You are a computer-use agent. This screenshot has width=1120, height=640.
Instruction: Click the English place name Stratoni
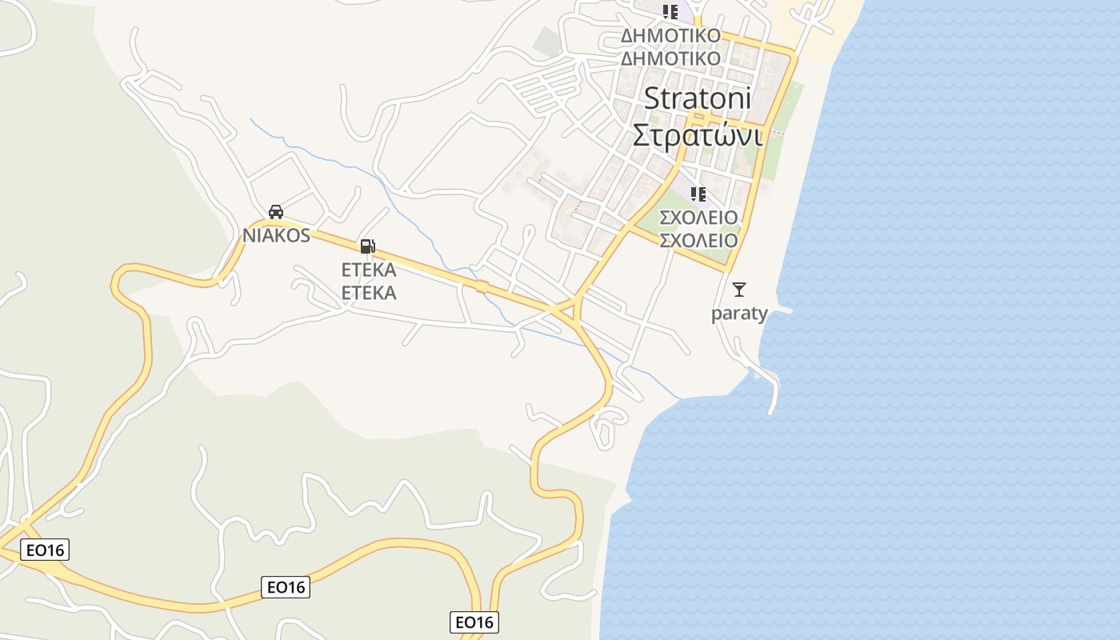(698, 98)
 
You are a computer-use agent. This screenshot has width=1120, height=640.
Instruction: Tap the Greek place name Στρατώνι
(696, 135)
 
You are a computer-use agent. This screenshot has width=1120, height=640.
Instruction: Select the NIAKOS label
(276, 235)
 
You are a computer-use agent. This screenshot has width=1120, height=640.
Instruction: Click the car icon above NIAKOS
(276, 212)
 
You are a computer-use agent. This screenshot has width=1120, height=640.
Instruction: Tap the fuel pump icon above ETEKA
(367, 246)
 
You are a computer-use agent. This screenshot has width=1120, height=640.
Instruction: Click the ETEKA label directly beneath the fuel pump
(369, 269)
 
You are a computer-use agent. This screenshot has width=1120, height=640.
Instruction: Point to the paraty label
(739, 313)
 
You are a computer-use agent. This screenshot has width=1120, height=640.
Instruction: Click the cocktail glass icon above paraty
(739, 290)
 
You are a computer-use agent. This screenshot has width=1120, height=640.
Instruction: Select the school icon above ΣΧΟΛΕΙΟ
(698, 194)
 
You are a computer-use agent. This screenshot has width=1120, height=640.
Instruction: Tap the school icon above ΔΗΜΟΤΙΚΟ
(670, 12)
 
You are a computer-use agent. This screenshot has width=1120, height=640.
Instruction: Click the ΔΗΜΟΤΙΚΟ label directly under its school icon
(670, 36)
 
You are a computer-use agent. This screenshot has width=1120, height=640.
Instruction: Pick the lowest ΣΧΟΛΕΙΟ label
(698, 240)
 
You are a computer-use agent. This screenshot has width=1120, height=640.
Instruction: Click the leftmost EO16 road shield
(45, 550)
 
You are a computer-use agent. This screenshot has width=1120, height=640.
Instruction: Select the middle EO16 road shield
(286, 587)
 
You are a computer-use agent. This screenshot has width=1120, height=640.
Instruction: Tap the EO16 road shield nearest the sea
(474, 622)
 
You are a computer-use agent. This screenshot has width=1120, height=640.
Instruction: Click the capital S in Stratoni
(651, 98)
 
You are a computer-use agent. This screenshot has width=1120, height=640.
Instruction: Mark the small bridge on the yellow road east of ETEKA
(482, 286)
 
